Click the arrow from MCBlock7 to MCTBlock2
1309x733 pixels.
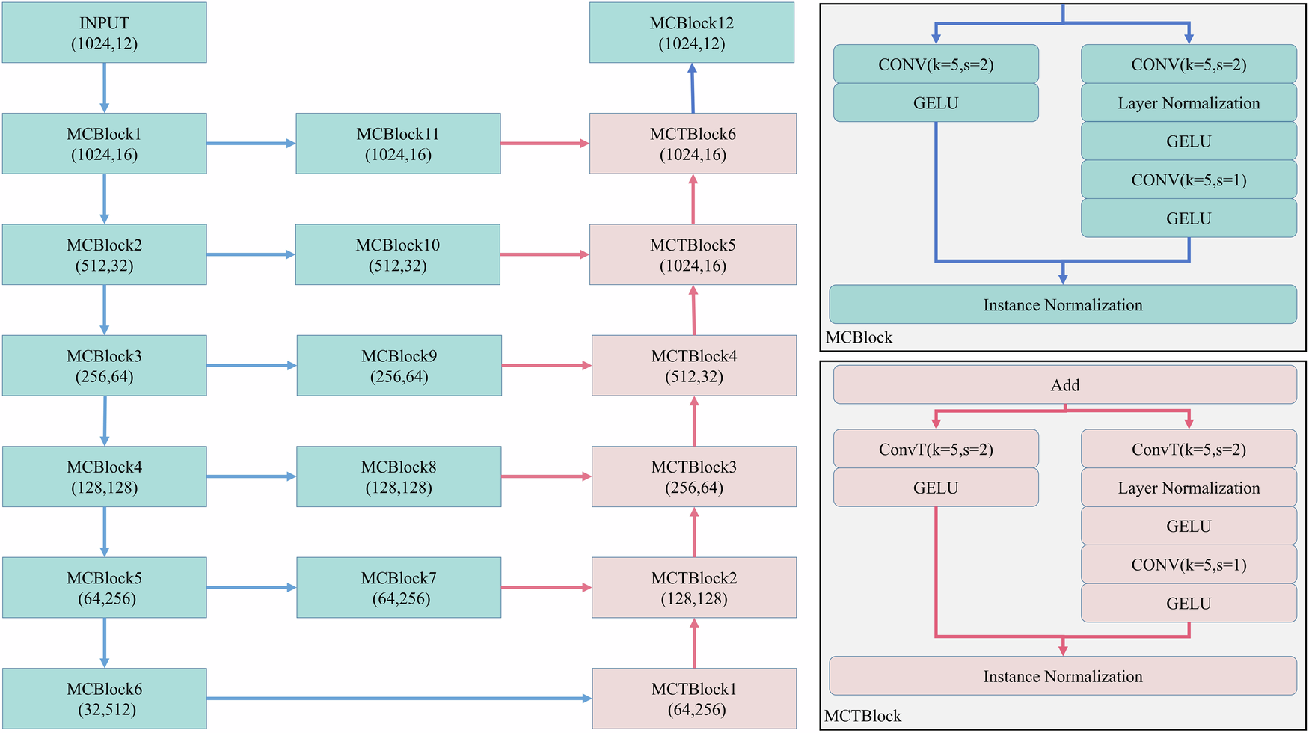pos(546,588)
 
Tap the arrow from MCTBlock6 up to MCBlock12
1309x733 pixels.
pos(693,88)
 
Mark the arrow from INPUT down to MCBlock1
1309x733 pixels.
pos(104,88)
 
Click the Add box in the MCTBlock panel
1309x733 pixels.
pos(1064,385)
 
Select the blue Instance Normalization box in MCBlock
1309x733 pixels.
pos(1062,305)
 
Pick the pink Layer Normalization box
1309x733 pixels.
pos(1188,488)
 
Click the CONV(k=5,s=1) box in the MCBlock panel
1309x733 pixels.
pos(1188,180)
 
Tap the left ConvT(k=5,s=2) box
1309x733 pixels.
pos(936,450)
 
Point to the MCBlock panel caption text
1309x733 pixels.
pos(859,337)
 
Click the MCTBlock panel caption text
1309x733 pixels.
pos(862,716)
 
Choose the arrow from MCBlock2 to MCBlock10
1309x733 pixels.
pos(251,255)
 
